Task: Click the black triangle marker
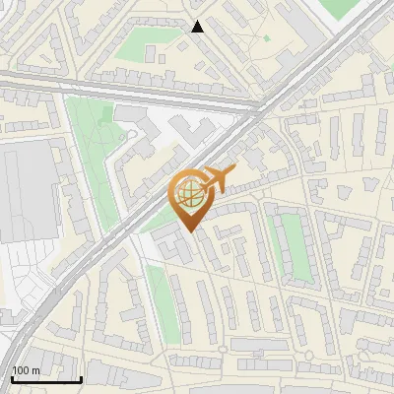(198, 27)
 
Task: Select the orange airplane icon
(217, 179)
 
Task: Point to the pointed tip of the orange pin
(188, 230)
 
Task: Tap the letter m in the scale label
(36, 370)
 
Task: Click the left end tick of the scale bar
(10, 378)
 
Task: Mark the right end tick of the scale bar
(81, 378)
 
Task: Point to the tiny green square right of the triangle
(266, 38)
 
